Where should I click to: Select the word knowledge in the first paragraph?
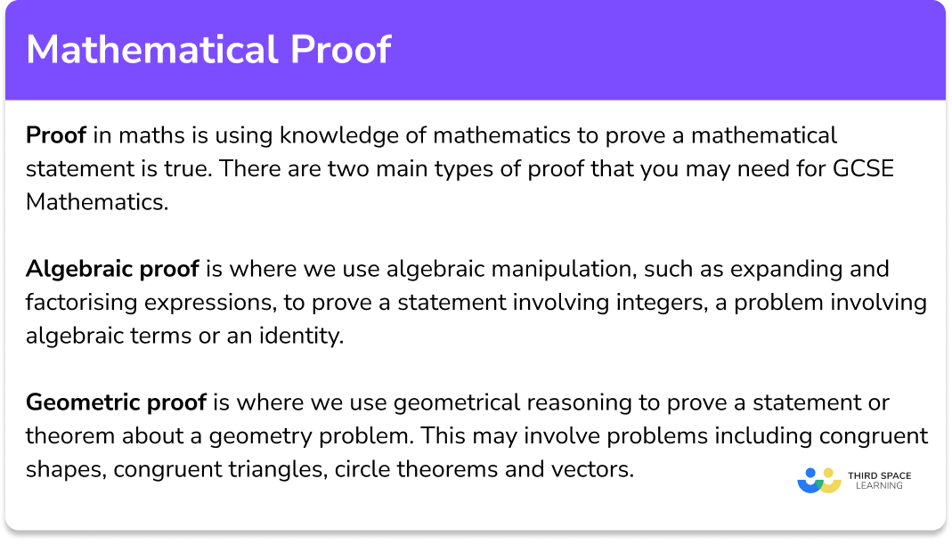point(335,135)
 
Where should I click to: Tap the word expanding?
point(780,269)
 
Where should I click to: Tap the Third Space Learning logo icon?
point(819,480)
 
